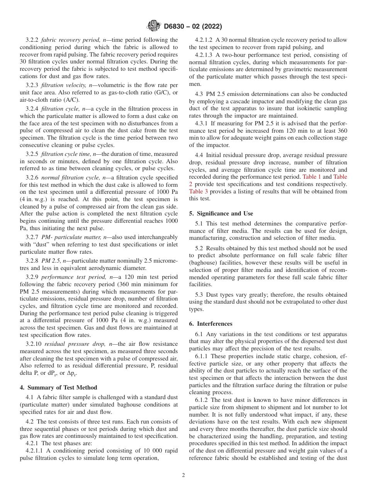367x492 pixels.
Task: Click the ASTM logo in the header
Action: click(x=154, y=26)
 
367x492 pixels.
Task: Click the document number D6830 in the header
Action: click(x=176, y=27)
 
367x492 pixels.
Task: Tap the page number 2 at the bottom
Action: click(x=183, y=475)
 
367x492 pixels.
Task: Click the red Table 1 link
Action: click(x=312, y=176)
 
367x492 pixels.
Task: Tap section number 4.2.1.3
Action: click(x=204, y=55)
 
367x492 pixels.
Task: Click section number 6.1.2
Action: click(x=202, y=400)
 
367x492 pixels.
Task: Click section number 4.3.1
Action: click(x=201, y=123)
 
